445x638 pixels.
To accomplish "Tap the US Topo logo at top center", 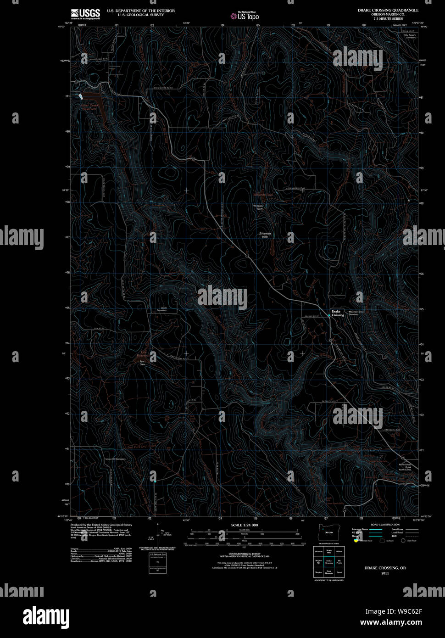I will pos(245,16).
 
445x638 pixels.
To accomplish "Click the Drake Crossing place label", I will pos(337,313).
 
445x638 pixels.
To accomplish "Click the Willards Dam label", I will pos(259,207).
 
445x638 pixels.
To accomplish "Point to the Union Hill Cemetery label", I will pos(115,459).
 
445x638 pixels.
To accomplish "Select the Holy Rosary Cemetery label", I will pos(409,36).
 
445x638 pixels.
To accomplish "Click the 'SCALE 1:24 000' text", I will pos(245,525).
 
